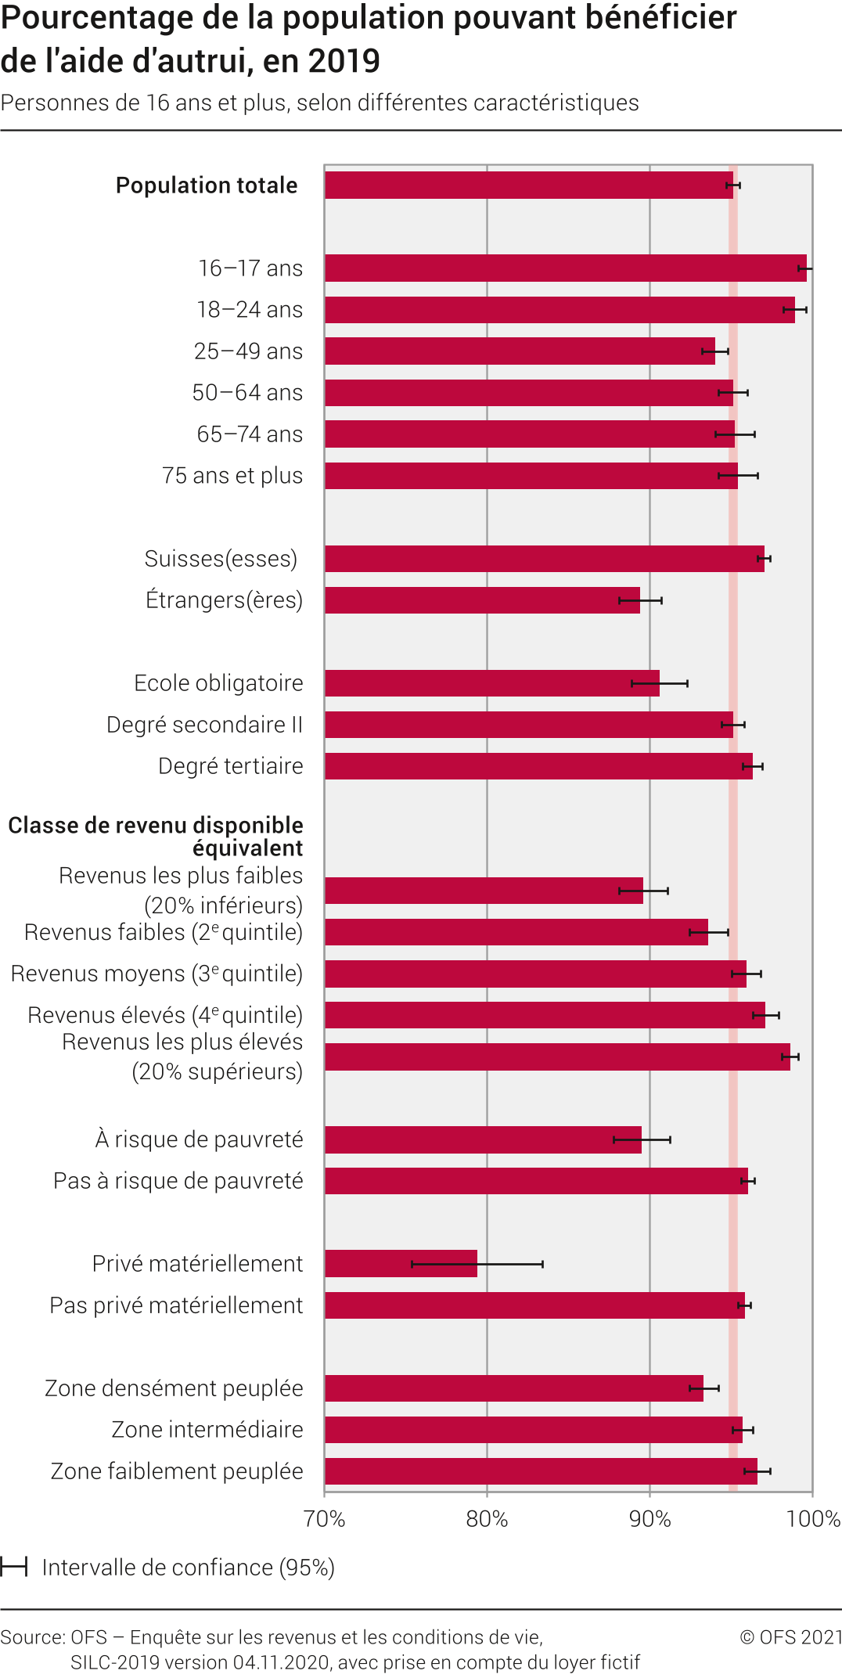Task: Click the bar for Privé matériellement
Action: pos(401,1263)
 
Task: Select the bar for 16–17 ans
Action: pos(565,268)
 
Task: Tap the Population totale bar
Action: pos(528,185)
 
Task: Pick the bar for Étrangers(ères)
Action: pos(482,600)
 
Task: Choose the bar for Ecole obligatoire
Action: pos(491,683)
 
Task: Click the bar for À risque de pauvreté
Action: pos(483,1139)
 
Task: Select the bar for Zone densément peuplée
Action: pos(513,1388)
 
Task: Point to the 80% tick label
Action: pos(487,1519)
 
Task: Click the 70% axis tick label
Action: pos(325,1519)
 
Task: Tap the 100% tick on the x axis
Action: pos(813,1519)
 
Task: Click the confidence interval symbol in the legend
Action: pos(14,1567)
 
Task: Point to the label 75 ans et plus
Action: pos(232,476)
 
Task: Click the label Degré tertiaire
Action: pos(230,766)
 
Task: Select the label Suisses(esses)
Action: pos(221,559)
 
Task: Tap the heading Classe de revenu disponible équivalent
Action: pos(156,837)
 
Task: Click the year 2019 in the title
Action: pos(345,61)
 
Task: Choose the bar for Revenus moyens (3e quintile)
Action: pos(535,974)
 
